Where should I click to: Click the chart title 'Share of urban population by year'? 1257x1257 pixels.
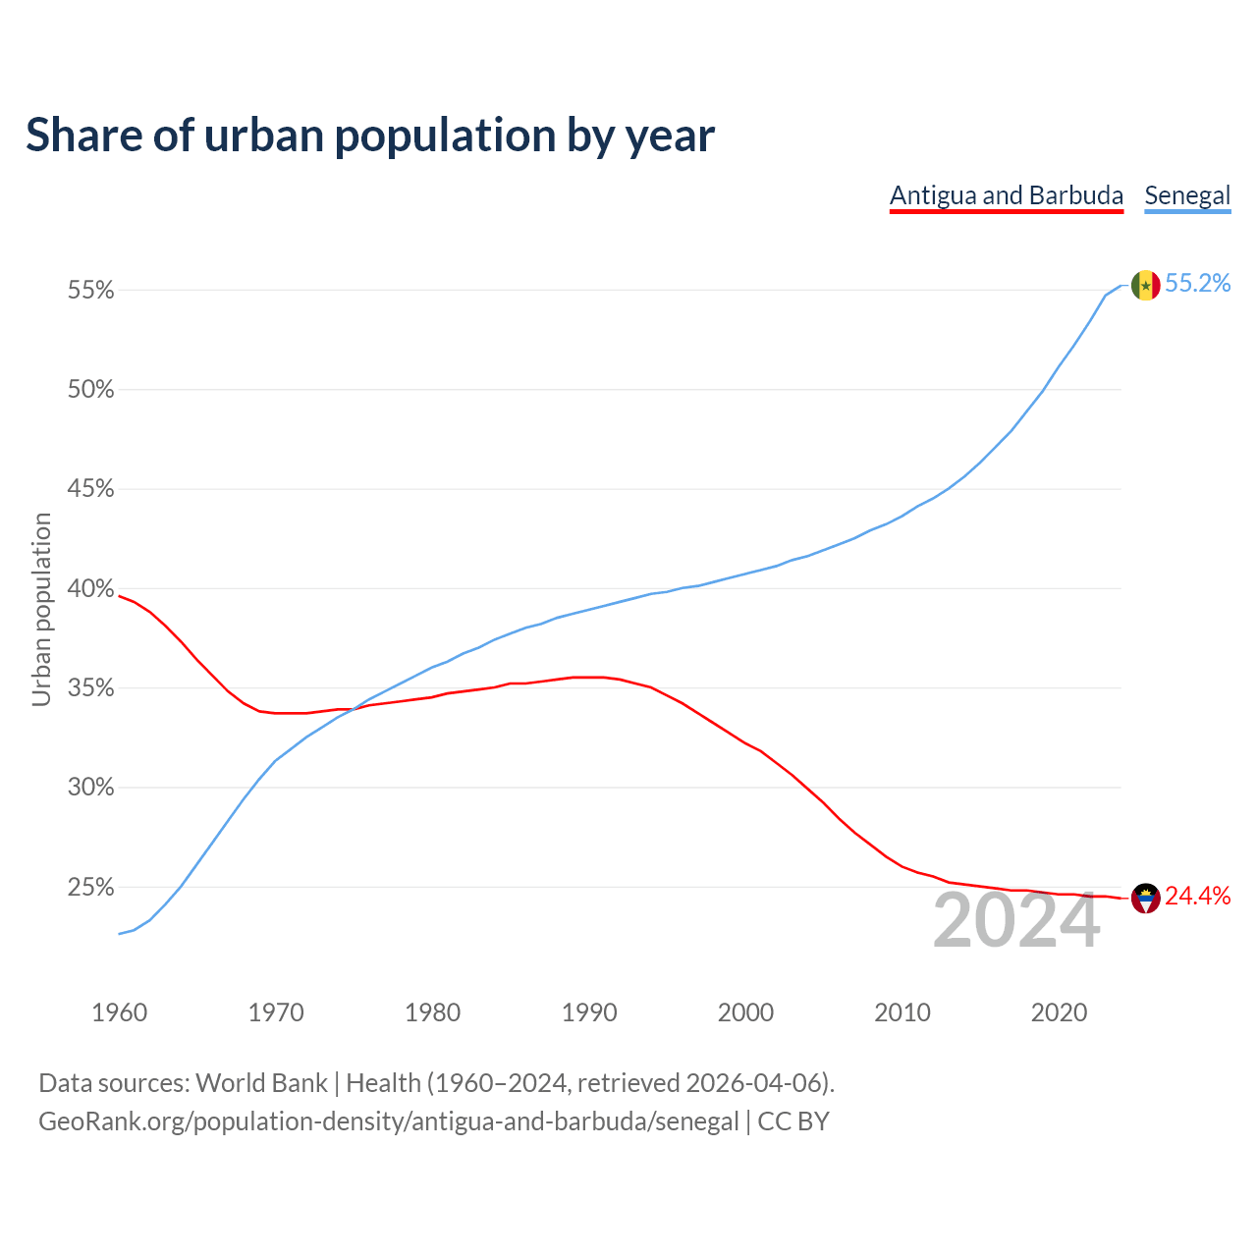[370, 136]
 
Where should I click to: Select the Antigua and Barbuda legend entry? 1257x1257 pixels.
[1006, 195]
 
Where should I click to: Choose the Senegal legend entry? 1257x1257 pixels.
[1187, 195]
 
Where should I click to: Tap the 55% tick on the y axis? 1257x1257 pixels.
[90, 291]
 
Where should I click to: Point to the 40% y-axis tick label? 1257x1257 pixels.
[90, 589]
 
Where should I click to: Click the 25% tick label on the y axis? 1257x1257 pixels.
[90, 888]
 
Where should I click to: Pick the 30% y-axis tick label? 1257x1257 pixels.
[90, 788]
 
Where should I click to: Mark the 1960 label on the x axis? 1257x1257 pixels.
[119, 1012]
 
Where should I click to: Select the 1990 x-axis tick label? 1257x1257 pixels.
[589, 1012]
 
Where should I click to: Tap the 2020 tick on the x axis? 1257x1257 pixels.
[1059, 1012]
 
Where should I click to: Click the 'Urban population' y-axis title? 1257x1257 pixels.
[41, 609]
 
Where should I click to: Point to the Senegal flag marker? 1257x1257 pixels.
[1145, 286]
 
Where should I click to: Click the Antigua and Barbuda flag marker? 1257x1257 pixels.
[1145, 898]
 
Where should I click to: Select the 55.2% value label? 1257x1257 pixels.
[1197, 284]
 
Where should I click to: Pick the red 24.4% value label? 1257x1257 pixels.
[1197, 896]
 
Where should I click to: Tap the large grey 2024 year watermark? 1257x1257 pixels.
[1016, 921]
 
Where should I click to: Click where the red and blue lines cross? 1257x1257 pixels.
[355, 708]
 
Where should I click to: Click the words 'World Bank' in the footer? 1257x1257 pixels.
[261, 1083]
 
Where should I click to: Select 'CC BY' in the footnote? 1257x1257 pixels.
[793, 1121]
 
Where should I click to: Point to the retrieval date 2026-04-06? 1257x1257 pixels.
[753, 1083]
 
